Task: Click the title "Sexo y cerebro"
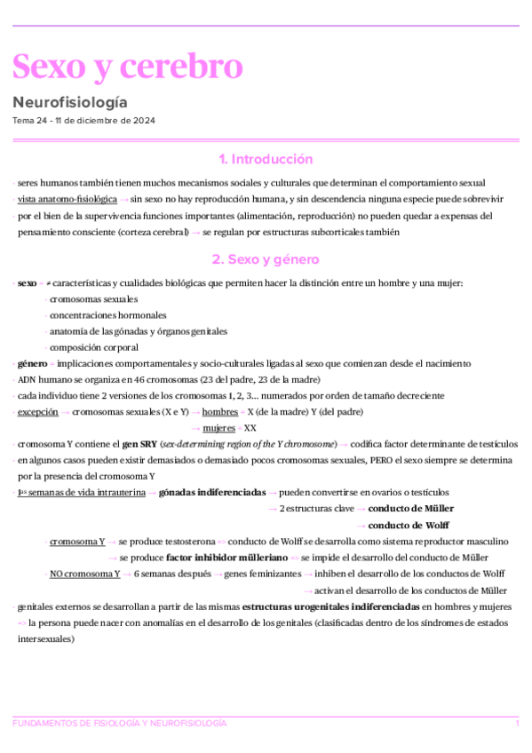click(x=127, y=66)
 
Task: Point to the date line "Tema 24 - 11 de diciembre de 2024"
click(x=84, y=120)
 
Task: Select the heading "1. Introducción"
click(x=266, y=160)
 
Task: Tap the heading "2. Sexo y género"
click(x=266, y=260)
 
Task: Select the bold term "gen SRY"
click(x=140, y=444)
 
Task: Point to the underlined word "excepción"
click(x=37, y=412)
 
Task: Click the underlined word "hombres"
click(x=219, y=412)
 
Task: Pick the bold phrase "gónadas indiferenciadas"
click(x=211, y=492)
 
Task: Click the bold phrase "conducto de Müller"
click(x=410, y=508)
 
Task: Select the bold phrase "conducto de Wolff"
click(x=409, y=525)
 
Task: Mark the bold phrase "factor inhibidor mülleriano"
click(x=226, y=557)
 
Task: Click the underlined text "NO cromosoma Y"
click(x=85, y=574)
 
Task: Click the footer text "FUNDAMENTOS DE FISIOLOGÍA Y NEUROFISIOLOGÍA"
click(x=120, y=724)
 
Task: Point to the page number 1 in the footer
click(x=517, y=724)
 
